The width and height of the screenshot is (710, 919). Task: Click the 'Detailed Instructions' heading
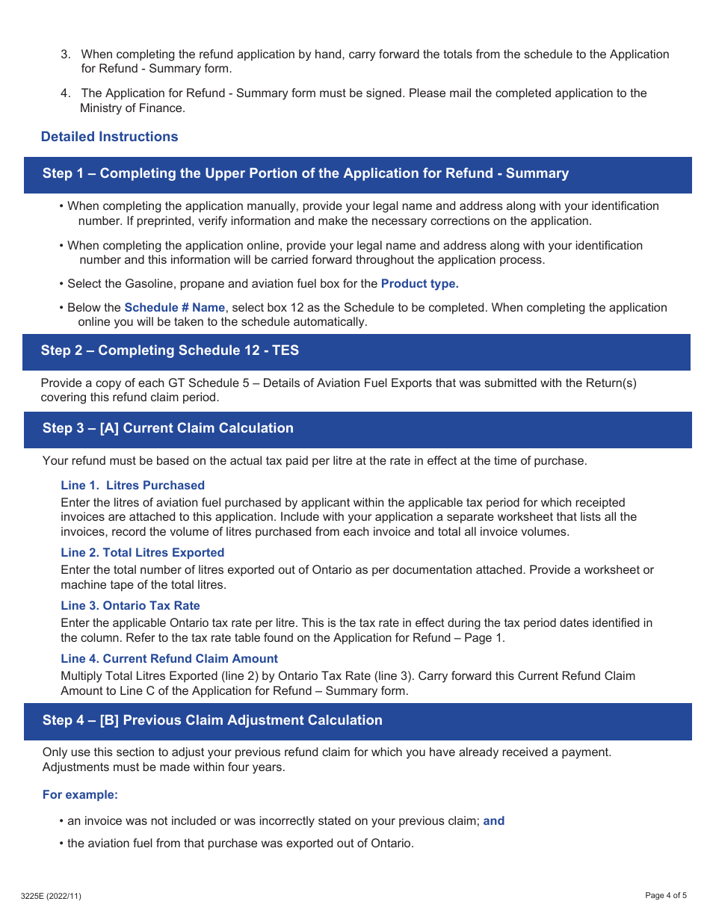tap(109, 137)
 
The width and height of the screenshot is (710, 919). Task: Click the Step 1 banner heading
tap(305, 173)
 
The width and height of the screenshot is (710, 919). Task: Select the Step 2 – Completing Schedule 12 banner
tap(170, 350)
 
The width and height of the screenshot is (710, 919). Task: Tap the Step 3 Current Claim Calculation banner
tap(167, 428)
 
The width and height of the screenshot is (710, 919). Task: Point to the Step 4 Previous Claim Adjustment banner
tap(212, 720)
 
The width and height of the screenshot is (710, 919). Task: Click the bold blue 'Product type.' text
tap(419, 284)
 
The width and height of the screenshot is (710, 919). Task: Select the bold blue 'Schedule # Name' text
tap(174, 308)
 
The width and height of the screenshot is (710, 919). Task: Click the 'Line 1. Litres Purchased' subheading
tap(132, 486)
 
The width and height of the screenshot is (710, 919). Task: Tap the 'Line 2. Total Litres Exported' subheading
tap(142, 553)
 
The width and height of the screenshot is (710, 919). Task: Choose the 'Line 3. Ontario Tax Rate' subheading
tap(130, 606)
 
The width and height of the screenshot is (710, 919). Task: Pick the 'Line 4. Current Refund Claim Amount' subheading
tap(169, 659)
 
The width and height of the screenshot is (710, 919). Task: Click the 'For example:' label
tap(80, 795)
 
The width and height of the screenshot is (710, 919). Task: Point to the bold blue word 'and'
tap(493, 821)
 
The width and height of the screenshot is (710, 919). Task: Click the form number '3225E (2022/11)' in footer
tap(51, 896)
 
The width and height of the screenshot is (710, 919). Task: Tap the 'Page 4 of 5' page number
tap(665, 896)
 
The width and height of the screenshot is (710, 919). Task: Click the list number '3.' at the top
tap(66, 55)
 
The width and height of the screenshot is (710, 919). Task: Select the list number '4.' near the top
tap(66, 93)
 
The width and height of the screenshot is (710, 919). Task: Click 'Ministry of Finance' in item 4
tap(132, 108)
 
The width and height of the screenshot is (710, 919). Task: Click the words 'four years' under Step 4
tap(257, 767)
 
